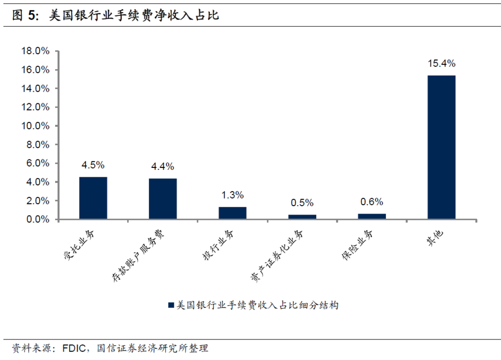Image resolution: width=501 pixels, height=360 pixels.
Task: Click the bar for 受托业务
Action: click(93, 198)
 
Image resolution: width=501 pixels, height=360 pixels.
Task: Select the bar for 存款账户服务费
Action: click(162, 199)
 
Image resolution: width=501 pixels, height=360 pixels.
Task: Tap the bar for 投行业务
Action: click(232, 213)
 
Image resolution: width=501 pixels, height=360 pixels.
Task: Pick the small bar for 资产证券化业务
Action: click(302, 217)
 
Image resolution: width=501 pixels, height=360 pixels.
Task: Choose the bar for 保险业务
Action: click(372, 216)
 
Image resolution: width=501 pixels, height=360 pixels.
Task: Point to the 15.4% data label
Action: click(441, 64)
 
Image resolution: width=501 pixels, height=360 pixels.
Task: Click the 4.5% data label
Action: click(93, 165)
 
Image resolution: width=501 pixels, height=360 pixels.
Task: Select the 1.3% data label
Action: click(232, 195)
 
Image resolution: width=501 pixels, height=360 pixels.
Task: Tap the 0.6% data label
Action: click(372, 202)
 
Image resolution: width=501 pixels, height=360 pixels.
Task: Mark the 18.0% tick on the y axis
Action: click(35, 51)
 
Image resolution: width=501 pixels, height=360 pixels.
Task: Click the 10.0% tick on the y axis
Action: click(35, 126)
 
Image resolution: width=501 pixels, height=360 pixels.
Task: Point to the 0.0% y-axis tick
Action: click(37, 220)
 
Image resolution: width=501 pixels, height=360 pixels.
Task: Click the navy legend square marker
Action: click(170, 305)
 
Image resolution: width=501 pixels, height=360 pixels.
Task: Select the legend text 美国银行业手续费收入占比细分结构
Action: click(258, 305)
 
